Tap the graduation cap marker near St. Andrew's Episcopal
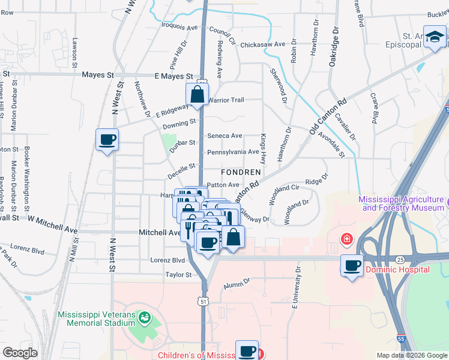tap(434, 37)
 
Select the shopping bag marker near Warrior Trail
tap(197, 94)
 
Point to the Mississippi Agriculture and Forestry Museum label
tap(403, 204)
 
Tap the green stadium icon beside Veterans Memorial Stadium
tap(143, 317)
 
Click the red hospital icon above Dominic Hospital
tap(346, 240)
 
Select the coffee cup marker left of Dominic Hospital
tap(352, 266)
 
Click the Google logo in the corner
tap(20, 353)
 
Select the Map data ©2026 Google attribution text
tap(411, 355)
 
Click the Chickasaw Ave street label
tap(262, 45)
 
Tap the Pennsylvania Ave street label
tap(233, 152)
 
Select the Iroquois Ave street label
tap(179, 28)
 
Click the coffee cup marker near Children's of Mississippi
tap(246, 351)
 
